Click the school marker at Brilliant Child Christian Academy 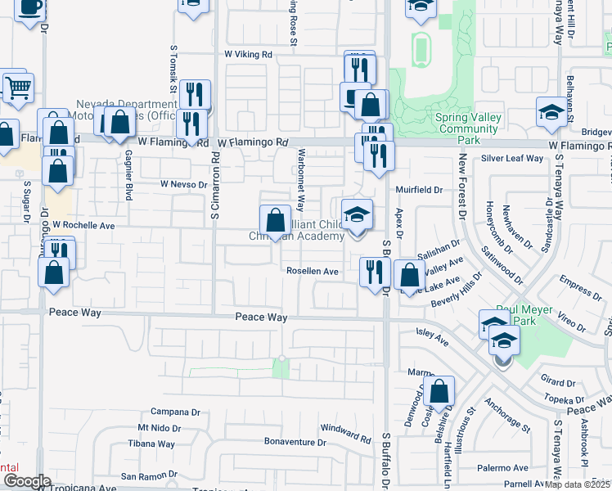357,215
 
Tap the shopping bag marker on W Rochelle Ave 276,220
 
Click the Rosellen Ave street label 312,271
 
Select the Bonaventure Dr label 295,442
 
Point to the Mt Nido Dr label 159,428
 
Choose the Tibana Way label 152,444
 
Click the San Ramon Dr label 149,476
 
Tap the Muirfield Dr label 419,189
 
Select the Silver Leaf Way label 513,158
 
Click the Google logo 28,482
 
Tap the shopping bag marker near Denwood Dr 439,393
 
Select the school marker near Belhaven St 551,112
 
